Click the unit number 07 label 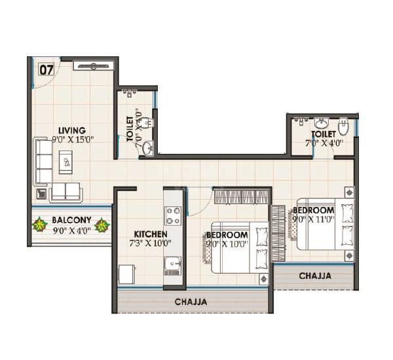(45, 68)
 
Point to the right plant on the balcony (102, 226)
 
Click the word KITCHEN (151, 234)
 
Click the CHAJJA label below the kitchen (191, 302)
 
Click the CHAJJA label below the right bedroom (315, 276)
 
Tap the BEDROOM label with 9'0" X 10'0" (228, 234)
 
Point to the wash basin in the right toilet (322, 122)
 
